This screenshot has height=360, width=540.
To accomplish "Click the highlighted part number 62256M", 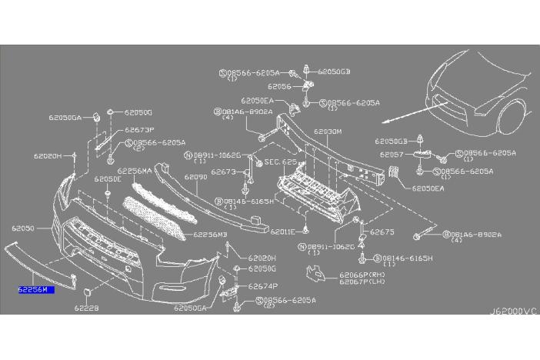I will [x=34, y=290].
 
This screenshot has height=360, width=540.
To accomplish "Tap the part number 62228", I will [x=87, y=308].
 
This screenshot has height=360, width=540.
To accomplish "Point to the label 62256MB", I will [x=210, y=234].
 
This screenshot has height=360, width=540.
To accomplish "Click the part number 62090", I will [x=195, y=177].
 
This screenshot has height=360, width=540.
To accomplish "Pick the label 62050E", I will [x=108, y=178].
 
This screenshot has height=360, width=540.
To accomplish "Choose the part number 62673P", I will [x=140, y=130].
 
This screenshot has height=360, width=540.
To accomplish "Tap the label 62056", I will [x=279, y=87].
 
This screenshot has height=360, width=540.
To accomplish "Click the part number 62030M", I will [x=328, y=132].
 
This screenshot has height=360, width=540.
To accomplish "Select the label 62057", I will [x=392, y=154].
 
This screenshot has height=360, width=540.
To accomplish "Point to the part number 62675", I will [x=382, y=232].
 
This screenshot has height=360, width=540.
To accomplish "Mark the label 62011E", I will [x=282, y=231].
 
